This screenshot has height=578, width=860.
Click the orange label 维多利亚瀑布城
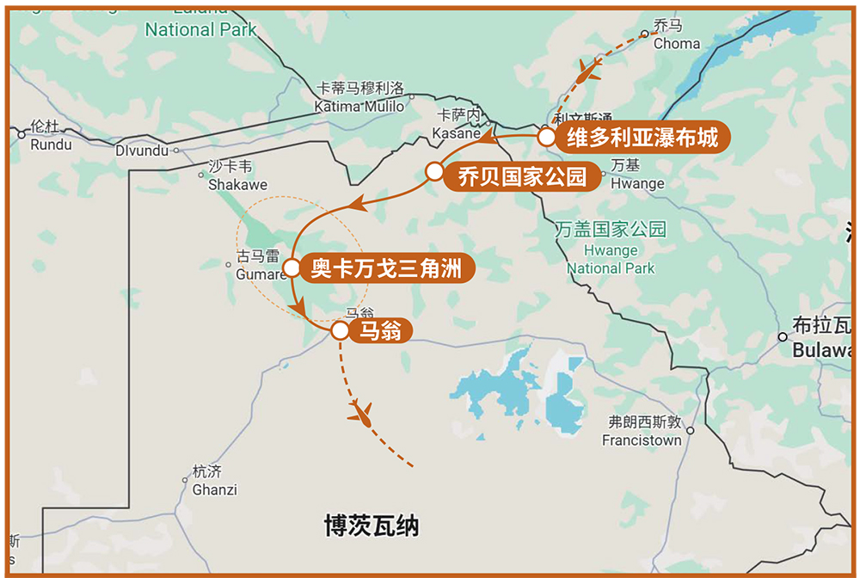[641, 138]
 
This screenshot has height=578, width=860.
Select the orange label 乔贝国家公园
[522, 177]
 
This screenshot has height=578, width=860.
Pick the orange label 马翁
[380, 330]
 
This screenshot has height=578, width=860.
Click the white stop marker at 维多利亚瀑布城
[546, 137]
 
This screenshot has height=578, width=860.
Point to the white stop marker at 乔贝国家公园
[435, 173]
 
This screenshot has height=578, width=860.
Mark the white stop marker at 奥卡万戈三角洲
[292, 267]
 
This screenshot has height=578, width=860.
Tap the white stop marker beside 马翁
[340, 329]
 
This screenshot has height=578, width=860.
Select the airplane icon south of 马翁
[361, 415]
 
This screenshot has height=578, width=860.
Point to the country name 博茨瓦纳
[372, 526]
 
